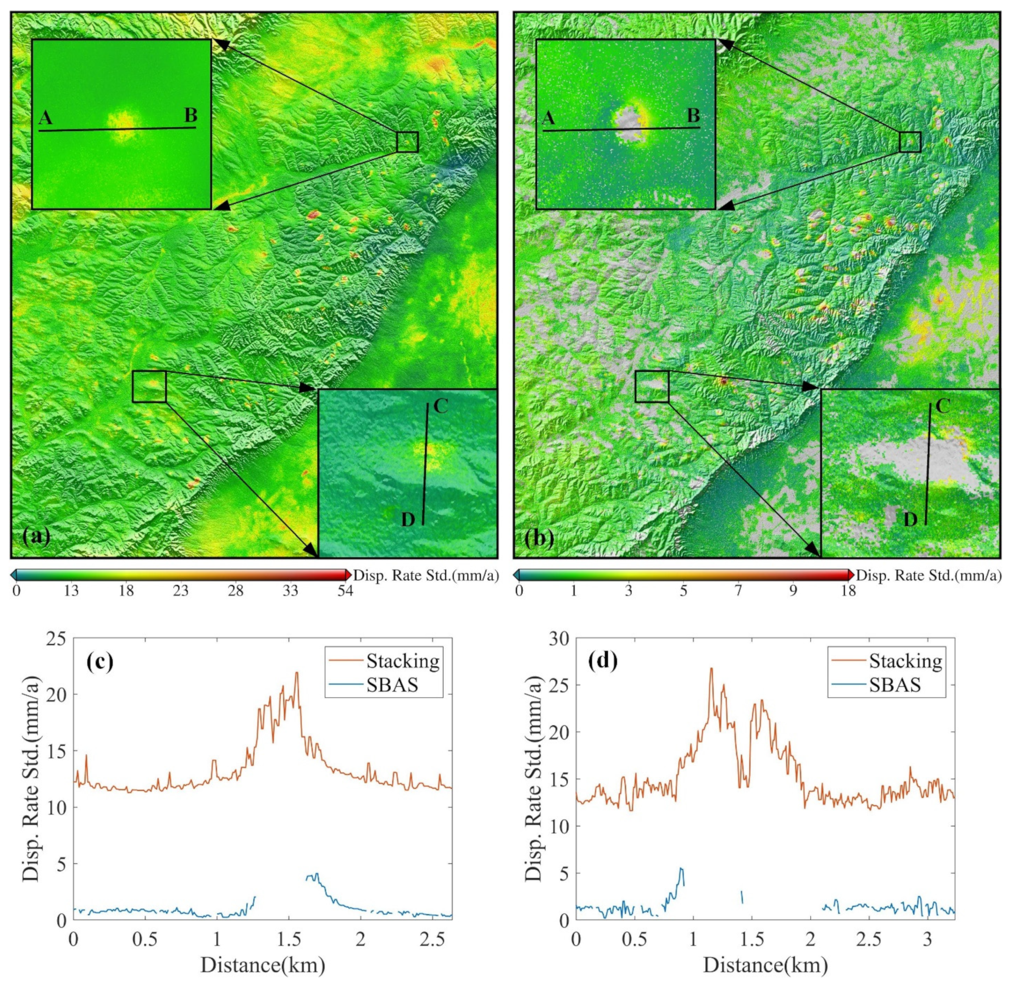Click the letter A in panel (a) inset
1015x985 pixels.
pos(46,119)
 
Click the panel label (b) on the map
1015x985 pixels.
pos(540,539)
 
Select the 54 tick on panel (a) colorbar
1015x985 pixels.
pos(345,591)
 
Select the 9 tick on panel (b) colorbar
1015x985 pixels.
pos(793,591)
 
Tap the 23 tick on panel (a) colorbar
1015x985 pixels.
pos(180,591)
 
